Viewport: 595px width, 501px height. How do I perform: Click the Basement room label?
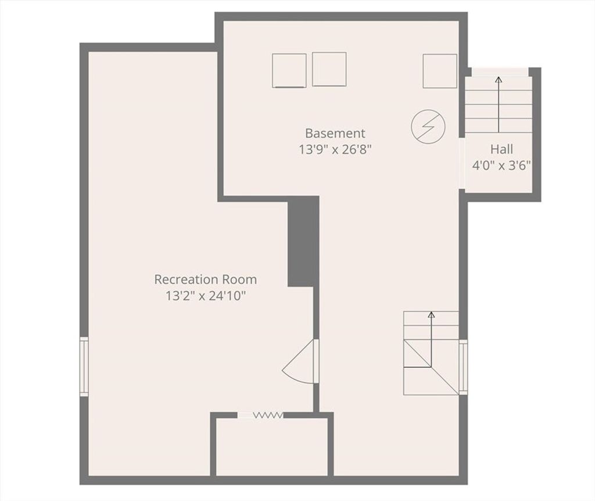point(335,133)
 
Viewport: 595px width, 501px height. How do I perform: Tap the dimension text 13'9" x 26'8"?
point(335,149)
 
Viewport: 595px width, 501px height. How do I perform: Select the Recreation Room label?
point(205,280)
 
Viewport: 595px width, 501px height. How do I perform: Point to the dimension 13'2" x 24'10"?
point(205,296)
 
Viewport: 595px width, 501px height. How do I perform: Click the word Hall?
point(501,149)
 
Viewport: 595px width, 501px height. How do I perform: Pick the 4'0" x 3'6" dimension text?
point(501,166)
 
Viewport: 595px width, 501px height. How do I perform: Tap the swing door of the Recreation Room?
point(300,362)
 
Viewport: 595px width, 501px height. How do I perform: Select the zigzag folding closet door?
point(268,415)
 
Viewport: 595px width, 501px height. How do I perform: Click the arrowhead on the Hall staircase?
point(499,79)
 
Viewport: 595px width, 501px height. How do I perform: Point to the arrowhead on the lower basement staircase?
point(431,314)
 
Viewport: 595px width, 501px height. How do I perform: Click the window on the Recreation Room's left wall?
point(84,367)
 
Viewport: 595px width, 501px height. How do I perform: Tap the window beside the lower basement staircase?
point(463,367)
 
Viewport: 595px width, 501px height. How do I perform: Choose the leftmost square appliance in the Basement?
point(289,70)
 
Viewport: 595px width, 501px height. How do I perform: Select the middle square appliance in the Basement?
point(329,69)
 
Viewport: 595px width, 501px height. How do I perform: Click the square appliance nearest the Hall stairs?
point(440,71)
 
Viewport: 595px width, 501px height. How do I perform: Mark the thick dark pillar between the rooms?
point(303,241)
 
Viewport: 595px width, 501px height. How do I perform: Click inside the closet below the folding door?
point(272,447)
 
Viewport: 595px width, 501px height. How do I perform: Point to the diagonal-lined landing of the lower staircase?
point(431,367)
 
